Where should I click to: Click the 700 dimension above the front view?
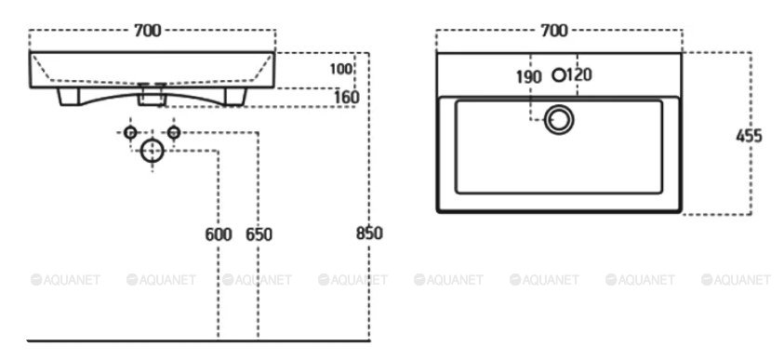pos(148,31)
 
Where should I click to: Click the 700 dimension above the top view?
pos(554,31)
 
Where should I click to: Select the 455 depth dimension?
pos(749,136)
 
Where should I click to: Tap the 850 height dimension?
pos(369,233)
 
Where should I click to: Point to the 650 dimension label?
pos(259,234)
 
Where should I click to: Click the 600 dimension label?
pos(219,234)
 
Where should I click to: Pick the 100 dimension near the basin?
pos(341,69)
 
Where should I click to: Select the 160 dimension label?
pos(347,98)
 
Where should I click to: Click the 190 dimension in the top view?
pos(529,77)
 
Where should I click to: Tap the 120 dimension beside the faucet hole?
pos(579,75)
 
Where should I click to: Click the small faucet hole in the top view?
pos(559,75)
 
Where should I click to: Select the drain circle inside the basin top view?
pos(559,120)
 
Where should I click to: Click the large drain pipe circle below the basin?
pos(153,151)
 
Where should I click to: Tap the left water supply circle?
pos(130,132)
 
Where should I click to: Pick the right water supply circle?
pos(174,132)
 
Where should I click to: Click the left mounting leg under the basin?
pos(69,97)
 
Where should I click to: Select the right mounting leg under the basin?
pos(235,97)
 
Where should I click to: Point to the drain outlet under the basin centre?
pos(152,95)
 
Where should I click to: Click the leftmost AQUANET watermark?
pos(65,279)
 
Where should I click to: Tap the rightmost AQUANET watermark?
pos(736,279)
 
